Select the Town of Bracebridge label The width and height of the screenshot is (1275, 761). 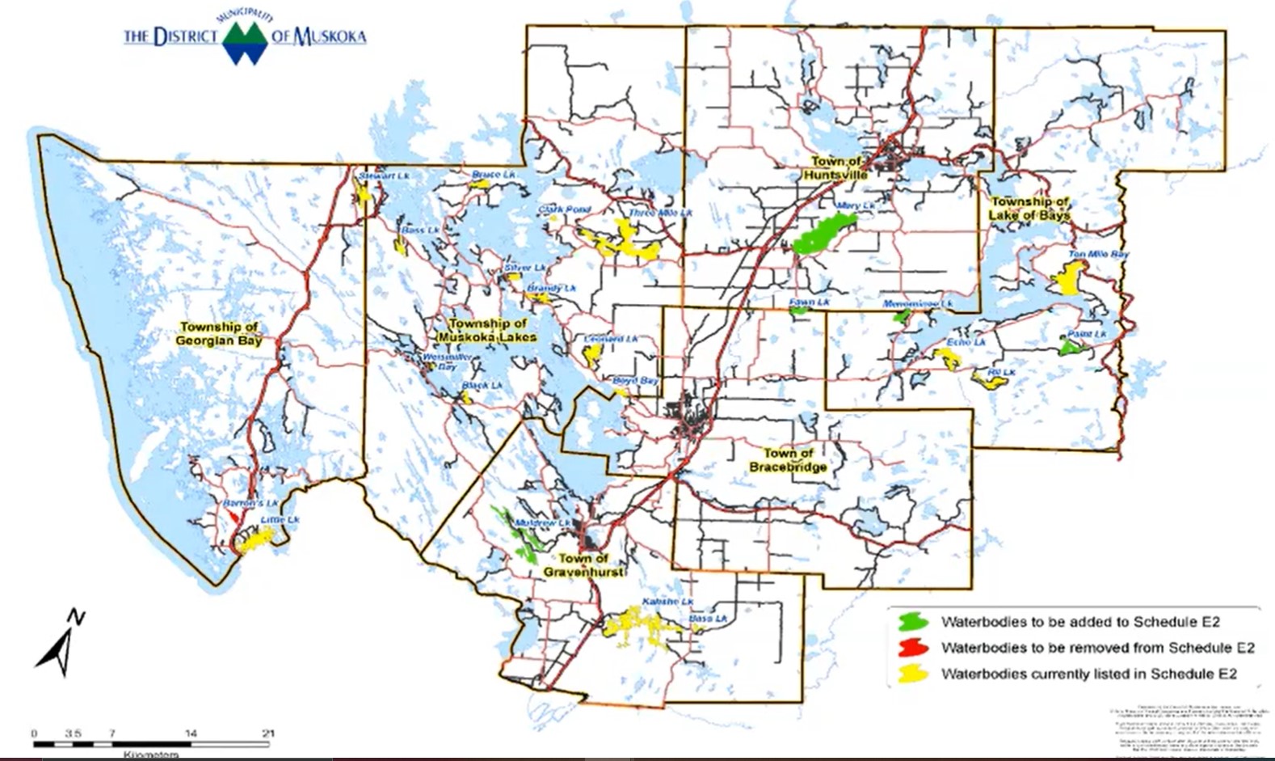[788, 460]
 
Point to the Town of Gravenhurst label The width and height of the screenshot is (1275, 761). [583, 565]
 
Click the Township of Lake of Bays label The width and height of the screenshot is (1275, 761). [1029, 209]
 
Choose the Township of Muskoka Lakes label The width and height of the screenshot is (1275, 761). [486, 330]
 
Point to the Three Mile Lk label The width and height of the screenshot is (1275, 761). [660, 214]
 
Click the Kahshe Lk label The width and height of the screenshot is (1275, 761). [667, 602]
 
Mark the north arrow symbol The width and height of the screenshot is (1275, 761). [61, 643]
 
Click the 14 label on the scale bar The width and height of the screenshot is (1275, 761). [191, 733]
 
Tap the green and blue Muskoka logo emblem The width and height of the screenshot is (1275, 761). [245, 41]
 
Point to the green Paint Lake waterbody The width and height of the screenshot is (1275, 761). [1070, 348]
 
